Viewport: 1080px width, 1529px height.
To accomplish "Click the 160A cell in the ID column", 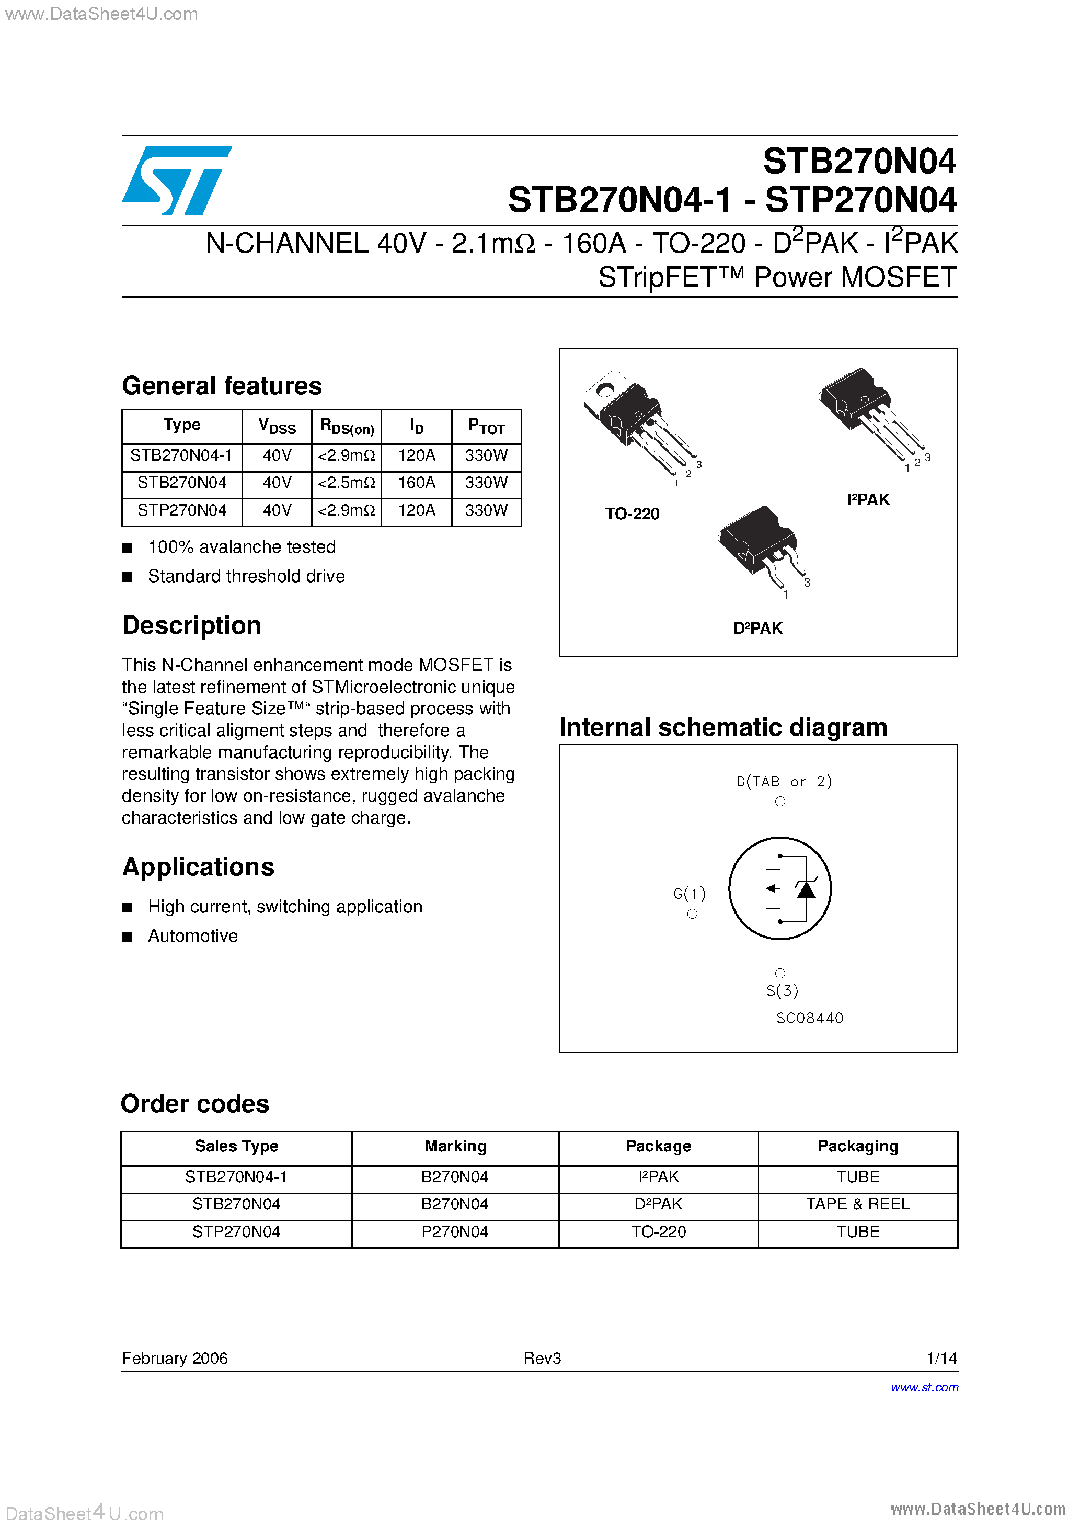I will tap(416, 482).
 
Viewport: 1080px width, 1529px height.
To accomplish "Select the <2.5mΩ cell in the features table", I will tap(346, 482).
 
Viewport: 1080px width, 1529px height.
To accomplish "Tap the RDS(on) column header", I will tap(346, 426).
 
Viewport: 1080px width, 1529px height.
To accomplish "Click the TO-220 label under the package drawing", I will tap(631, 514).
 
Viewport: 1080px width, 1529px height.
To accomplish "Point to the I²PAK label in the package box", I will tap(868, 499).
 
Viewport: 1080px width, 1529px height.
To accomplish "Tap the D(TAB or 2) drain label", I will tap(784, 781).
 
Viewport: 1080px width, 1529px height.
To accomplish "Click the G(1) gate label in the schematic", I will tap(689, 893).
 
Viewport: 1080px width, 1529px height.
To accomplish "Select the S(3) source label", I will tap(782, 990).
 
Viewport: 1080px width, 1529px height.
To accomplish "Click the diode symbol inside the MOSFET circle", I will tap(806, 889).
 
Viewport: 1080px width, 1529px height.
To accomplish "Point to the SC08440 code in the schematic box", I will tap(809, 1018).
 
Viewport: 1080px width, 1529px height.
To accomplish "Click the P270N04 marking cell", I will tap(455, 1231).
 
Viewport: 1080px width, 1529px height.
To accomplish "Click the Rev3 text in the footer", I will tap(542, 1358).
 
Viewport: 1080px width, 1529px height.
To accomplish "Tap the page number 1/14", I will tap(941, 1358).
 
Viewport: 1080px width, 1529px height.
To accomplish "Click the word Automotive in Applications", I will tap(192, 935).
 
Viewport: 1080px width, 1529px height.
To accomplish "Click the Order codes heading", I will tap(195, 1103).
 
